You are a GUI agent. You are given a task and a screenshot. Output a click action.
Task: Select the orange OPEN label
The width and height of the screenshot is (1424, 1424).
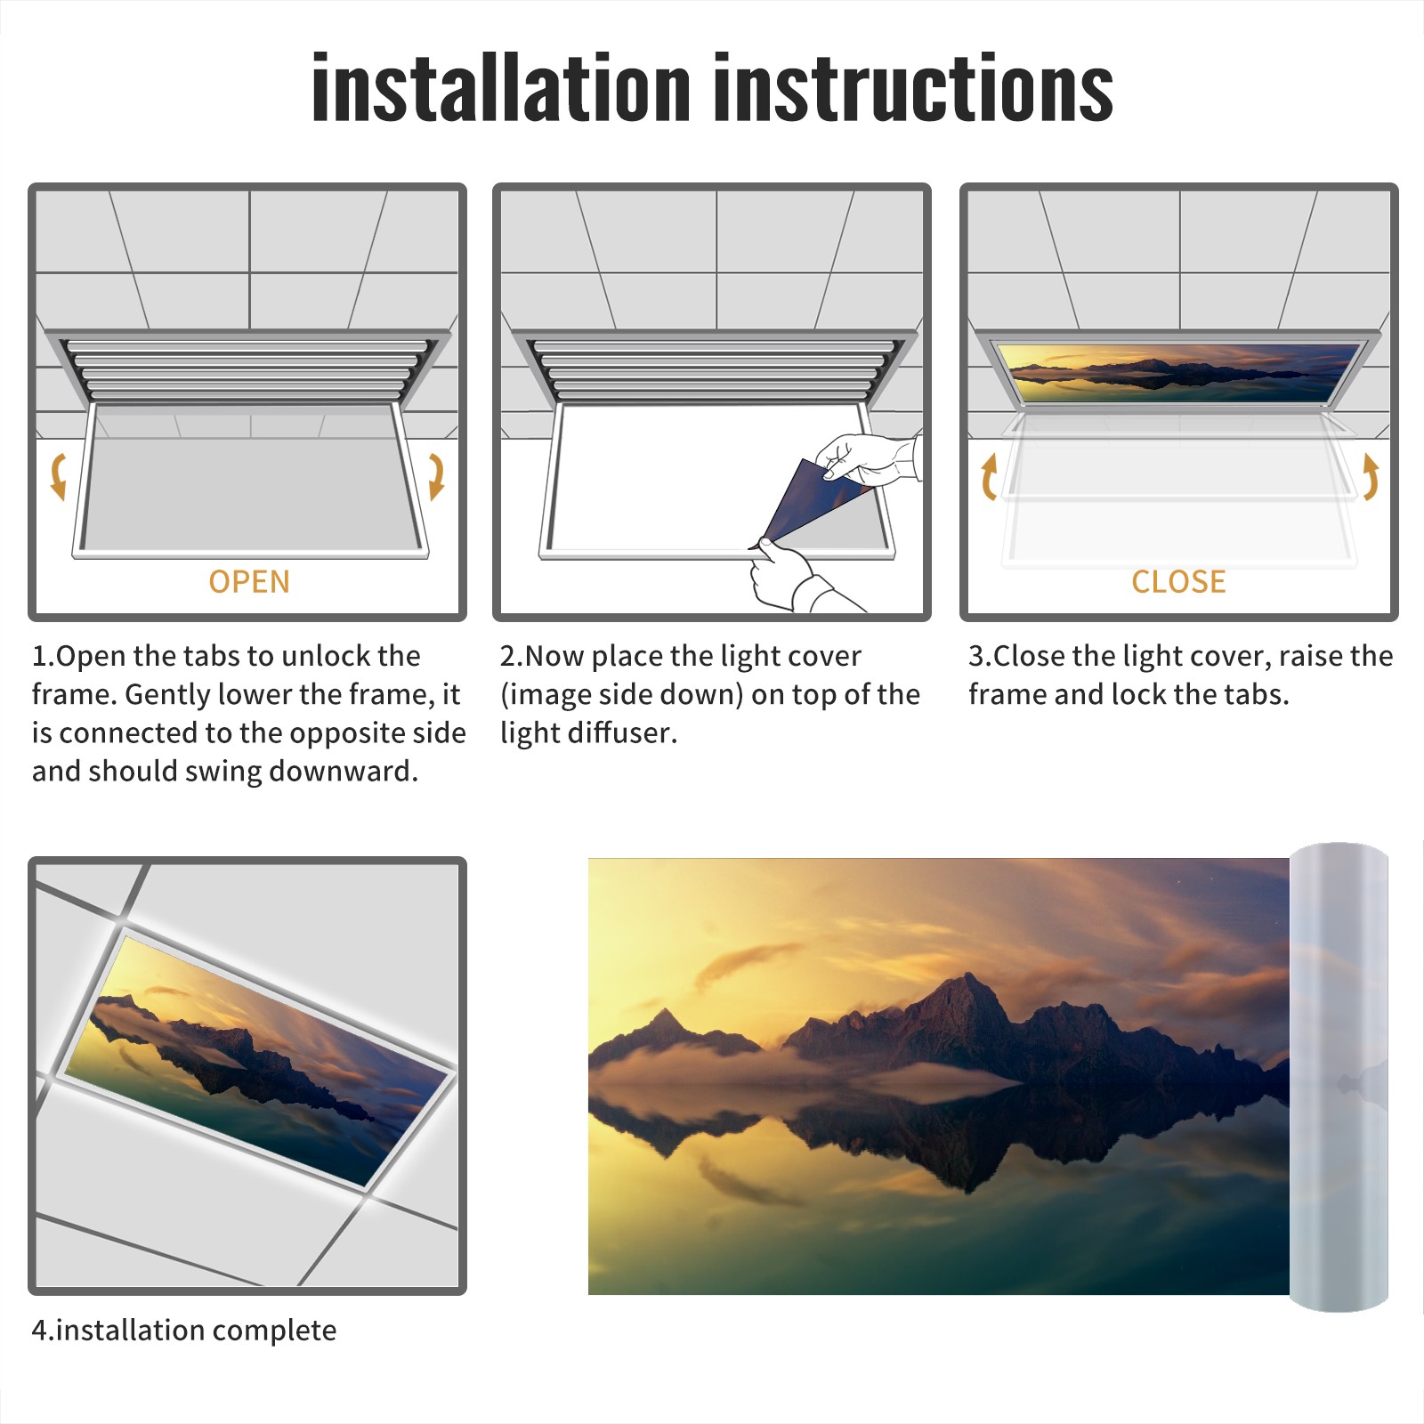pyautogui.click(x=249, y=581)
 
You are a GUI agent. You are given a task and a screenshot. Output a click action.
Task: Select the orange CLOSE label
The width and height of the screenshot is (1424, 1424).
pyautogui.click(x=1178, y=581)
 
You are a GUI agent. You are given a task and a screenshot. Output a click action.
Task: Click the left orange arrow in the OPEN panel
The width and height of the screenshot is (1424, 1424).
pyautogui.click(x=59, y=476)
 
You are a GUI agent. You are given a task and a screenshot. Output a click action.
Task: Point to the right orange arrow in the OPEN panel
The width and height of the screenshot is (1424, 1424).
pyautogui.click(x=436, y=476)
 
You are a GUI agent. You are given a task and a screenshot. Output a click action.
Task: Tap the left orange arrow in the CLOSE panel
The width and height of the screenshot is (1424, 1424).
pyautogui.click(x=988, y=476)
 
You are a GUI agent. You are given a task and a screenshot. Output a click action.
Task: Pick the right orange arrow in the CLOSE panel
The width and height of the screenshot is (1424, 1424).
pyautogui.click(x=1371, y=476)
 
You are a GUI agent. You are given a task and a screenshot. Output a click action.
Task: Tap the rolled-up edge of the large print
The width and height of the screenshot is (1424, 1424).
pyautogui.click(x=1339, y=1077)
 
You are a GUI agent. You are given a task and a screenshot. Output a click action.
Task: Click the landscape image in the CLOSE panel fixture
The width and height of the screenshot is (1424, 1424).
pyautogui.click(x=1179, y=372)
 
